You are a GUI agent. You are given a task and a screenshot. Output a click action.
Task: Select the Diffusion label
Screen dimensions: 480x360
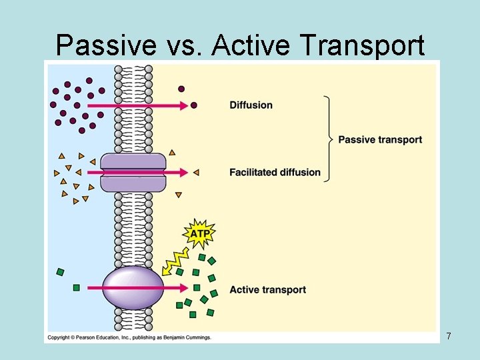point(251,105)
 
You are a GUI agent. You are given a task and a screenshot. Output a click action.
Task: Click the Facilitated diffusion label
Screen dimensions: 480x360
point(275,172)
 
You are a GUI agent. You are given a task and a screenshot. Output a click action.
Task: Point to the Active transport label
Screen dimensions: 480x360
point(267,289)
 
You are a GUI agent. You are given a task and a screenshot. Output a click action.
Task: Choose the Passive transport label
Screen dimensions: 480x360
point(380,139)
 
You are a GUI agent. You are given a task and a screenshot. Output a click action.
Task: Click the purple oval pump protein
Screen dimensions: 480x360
point(133,288)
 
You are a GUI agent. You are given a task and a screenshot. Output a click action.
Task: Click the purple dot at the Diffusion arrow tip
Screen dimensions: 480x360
point(194,105)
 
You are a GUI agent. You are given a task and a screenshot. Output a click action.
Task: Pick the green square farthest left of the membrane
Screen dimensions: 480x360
point(61,272)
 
